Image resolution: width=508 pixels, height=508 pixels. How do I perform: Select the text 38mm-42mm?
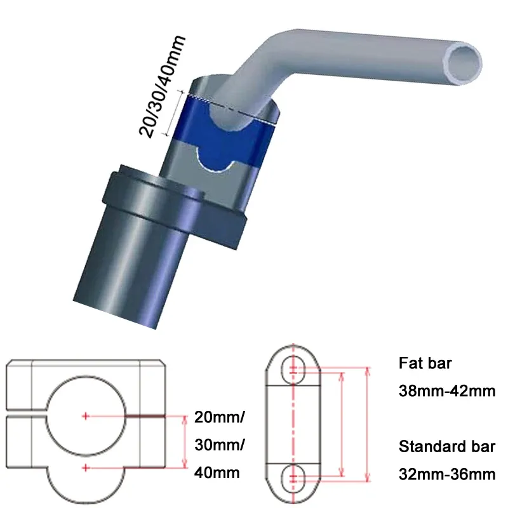coord(446,391)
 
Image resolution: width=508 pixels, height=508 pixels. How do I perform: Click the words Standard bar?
coord(446,446)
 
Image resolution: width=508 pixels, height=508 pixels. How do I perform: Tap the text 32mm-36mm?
coord(446,473)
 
